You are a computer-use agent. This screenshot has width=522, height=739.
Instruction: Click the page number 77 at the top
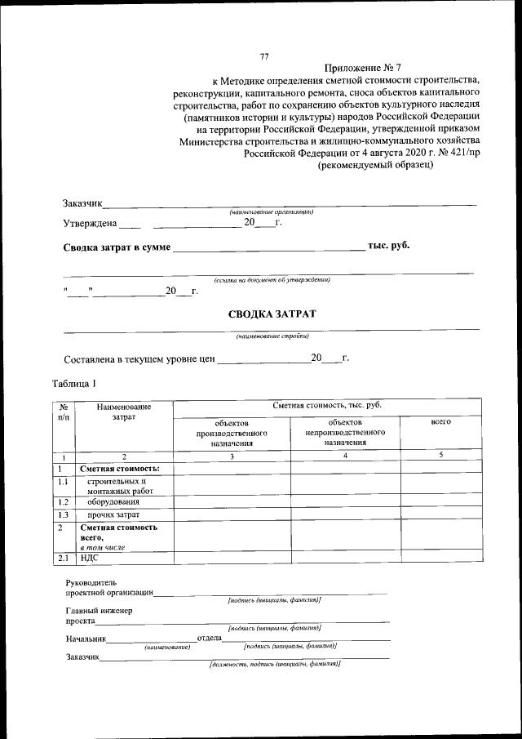pyautogui.click(x=263, y=56)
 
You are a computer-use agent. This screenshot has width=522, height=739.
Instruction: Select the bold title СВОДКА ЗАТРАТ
pyautogui.click(x=272, y=314)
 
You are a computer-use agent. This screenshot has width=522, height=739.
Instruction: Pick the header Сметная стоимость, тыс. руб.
pyautogui.click(x=326, y=405)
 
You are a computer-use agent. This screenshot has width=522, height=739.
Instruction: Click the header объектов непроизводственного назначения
pyautogui.click(x=345, y=432)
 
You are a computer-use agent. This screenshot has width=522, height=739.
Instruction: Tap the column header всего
pyautogui.click(x=440, y=423)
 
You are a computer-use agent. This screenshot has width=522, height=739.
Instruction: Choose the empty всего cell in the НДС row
pyautogui.click(x=440, y=559)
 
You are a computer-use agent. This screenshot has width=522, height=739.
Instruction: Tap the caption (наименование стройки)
pyautogui.click(x=272, y=336)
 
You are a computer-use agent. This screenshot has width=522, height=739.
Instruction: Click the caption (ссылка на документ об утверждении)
pyautogui.click(x=272, y=279)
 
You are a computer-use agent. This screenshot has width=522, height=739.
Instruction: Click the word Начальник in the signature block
pyautogui.click(x=86, y=638)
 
